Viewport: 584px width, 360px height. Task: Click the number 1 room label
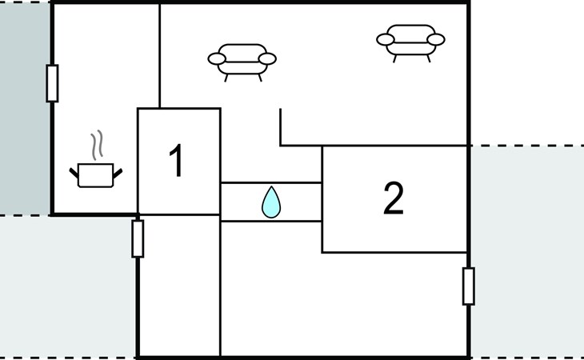[176, 161]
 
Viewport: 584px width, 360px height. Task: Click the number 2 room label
[393, 199]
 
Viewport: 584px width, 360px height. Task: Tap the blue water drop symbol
[271, 202]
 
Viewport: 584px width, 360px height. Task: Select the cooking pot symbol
[96, 174]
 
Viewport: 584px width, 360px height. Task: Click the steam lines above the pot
[98, 146]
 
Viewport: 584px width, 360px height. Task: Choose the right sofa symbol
[411, 39]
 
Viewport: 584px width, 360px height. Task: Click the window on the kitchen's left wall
[52, 83]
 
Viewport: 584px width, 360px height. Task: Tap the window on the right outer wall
[468, 286]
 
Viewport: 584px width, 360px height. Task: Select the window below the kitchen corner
[138, 238]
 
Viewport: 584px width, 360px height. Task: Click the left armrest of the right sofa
[386, 38]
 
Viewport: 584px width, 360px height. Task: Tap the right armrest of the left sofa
[267, 58]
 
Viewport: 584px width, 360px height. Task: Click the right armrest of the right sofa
[436, 38]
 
